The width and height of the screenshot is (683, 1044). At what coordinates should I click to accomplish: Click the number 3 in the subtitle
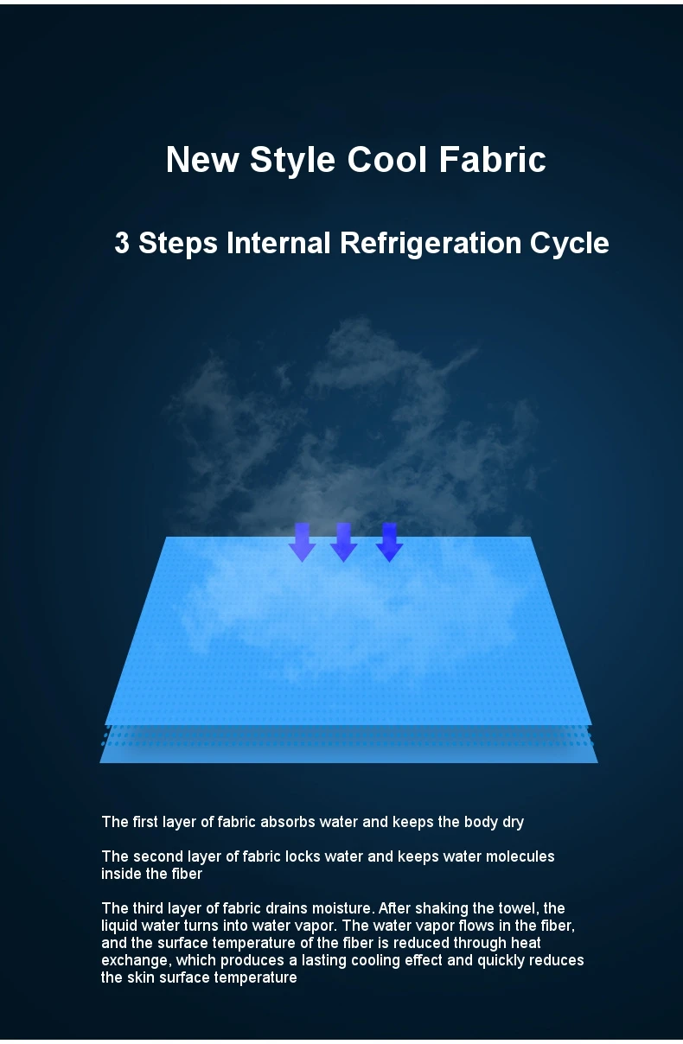coord(122,243)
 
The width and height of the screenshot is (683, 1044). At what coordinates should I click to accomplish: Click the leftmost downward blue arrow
coord(302,542)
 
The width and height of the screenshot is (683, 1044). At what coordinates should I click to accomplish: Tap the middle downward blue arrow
coord(343,542)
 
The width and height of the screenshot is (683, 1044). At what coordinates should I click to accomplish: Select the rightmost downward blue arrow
coord(389,542)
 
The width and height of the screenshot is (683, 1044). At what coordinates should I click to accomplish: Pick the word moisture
coord(339,908)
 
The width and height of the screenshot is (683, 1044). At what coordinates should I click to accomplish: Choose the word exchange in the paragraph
coord(131,960)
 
